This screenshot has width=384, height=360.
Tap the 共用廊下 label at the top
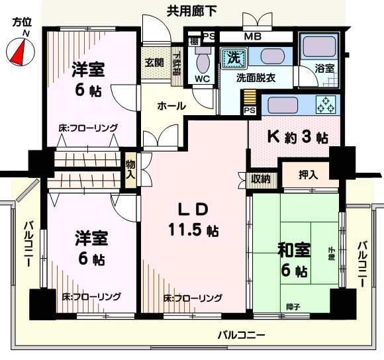tap(193, 10)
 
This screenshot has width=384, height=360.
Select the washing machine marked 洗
tap(233, 58)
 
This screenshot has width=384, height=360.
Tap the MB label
tap(252, 36)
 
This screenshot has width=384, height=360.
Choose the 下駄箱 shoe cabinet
tap(177, 65)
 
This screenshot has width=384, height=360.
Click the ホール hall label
tap(171, 105)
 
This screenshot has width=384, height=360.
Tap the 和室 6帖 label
tap(293, 259)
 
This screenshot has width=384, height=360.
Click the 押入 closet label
tap(309, 175)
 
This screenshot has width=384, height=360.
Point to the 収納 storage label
tap(260, 178)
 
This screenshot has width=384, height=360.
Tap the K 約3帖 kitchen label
tap(297, 138)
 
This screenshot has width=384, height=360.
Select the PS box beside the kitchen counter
tap(250, 111)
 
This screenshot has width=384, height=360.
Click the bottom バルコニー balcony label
tap(241, 334)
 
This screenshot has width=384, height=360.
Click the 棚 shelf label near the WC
tap(193, 41)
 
